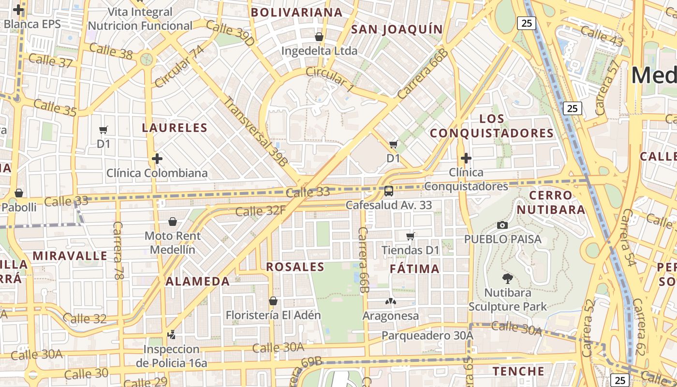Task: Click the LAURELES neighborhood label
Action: [175, 128]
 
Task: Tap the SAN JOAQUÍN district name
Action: [397, 30]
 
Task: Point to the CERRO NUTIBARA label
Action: [557, 203]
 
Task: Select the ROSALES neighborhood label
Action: [295, 267]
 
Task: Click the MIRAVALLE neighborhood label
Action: [70, 256]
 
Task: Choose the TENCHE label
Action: [518, 372]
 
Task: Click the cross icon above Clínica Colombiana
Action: [157, 158]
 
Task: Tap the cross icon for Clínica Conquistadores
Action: [466, 158]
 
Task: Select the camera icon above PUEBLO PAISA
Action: [502, 225]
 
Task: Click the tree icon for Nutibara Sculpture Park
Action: [507, 278]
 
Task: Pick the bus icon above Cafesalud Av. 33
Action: [389, 191]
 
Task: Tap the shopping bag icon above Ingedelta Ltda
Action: [319, 37]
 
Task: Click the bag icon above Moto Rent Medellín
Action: [173, 222]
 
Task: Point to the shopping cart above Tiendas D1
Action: [411, 236]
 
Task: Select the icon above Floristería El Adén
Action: [273, 301]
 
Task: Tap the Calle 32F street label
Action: [260, 210]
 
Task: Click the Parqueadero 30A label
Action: [427, 335]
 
